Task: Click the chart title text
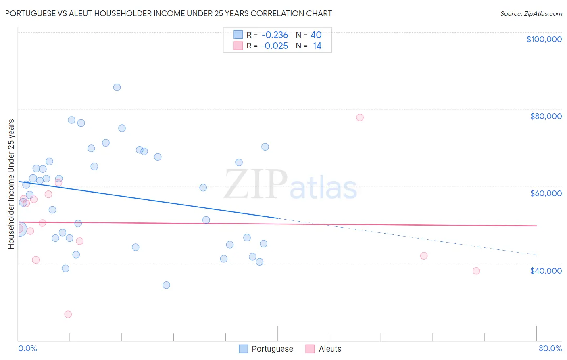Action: [x=169, y=13]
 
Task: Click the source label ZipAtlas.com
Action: [x=531, y=13]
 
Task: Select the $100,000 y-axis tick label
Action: [x=544, y=39]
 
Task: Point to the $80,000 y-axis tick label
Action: [x=546, y=116]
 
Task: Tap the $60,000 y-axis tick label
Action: [x=546, y=193]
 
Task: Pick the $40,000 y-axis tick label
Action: [x=546, y=271]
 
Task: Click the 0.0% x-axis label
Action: [x=27, y=348]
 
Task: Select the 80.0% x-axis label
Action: [x=550, y=348]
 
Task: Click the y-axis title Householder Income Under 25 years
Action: [x=11, y=184]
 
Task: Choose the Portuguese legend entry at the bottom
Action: [x=266, y=349]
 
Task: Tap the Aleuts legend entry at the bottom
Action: [x=324, y=349]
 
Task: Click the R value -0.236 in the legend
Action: [x=275, y=35]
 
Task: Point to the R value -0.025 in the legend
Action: [x=274, y=46]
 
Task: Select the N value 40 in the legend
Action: [x=316, y=35]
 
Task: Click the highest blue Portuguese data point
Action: [x=117, y=87]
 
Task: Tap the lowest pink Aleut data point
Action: [x=68, y=314]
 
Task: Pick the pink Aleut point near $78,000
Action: [x=360, y=117]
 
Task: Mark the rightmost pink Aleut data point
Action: [x=476, y=271]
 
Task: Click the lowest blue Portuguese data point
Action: [x=166, y=285]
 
